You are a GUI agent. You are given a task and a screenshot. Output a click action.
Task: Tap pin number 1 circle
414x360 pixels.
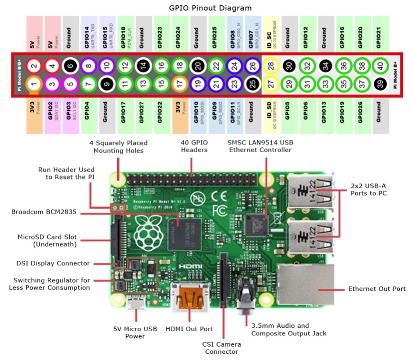tap(33, 84)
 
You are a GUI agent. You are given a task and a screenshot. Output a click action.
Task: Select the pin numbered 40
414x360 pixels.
tap(378, 66)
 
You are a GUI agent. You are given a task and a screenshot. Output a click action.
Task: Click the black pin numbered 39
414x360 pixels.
tap(378, 84)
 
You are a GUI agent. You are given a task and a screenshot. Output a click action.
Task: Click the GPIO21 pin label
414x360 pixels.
tap(378, 34)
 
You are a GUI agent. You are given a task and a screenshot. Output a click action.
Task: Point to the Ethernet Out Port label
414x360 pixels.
tap(377, 288)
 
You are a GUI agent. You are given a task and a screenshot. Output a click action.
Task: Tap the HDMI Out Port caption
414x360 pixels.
tap(189, 329)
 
